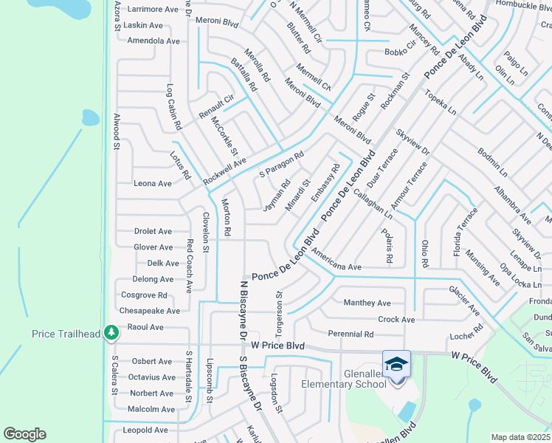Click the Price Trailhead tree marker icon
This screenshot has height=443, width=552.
(111, 333)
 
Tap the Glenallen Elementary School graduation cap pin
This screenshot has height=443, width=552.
(396, 364)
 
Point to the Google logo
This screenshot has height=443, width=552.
(25, 434)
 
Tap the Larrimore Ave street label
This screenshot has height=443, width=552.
(153, 10)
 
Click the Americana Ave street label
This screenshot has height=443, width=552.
(336, 260)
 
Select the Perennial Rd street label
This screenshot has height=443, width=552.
(351, 334)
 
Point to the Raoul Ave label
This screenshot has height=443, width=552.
(145, 326)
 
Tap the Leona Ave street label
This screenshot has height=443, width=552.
(153, 183)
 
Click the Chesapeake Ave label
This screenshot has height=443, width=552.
(150, 311)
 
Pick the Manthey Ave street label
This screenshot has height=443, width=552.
(367, 303)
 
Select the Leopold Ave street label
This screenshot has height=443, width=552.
(146, 430)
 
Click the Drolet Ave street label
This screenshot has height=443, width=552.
(153, 231)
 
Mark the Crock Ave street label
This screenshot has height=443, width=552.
(396, 320)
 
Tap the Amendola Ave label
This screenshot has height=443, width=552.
(153, 41)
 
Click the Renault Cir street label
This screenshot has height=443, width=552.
(215, 108)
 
